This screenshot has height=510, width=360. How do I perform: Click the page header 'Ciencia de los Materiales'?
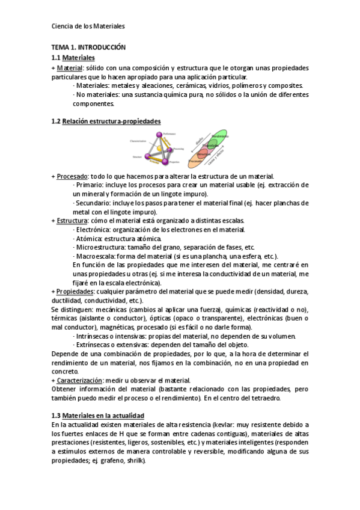click(88, 26)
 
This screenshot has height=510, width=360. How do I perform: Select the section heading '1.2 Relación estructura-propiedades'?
click(106, 121)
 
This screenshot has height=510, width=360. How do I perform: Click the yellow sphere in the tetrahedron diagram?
click(159, 147)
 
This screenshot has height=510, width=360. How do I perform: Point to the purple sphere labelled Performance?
click(159, 134)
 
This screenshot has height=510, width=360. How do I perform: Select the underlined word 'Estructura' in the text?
click(72, 221)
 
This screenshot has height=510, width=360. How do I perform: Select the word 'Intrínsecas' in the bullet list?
click(91, 336)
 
